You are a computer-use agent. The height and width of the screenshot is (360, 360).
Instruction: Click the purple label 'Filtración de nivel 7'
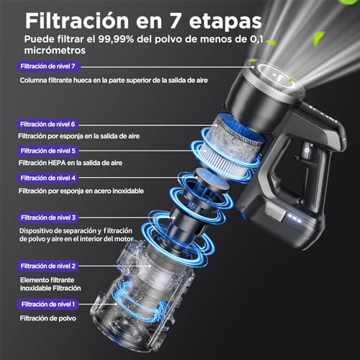pos(48,66)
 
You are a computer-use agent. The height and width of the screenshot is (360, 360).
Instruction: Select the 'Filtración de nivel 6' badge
pos(48,125)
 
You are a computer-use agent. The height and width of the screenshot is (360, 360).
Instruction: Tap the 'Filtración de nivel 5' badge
pos(48,151)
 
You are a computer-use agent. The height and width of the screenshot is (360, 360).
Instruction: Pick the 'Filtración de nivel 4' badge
pos(48,178)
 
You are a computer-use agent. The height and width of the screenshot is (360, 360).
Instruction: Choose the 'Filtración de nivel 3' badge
pos(48,217)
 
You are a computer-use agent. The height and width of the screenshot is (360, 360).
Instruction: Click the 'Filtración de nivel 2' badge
pos(48,266)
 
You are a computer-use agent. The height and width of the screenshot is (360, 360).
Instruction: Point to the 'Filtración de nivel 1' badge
pos(48,305)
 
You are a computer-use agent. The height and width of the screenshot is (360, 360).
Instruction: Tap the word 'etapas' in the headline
pos(225,22)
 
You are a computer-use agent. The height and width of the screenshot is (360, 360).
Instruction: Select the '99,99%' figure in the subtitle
pos(116,39)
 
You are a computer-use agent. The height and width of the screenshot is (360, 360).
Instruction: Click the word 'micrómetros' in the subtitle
pos(55,50)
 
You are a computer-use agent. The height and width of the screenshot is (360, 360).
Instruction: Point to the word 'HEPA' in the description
pos(57,163)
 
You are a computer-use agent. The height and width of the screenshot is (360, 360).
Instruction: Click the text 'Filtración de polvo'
pos(48,318)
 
